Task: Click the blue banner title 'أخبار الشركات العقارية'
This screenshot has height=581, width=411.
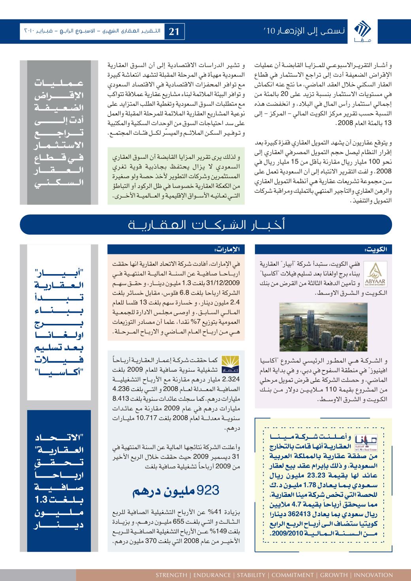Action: tap(205, 225)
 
